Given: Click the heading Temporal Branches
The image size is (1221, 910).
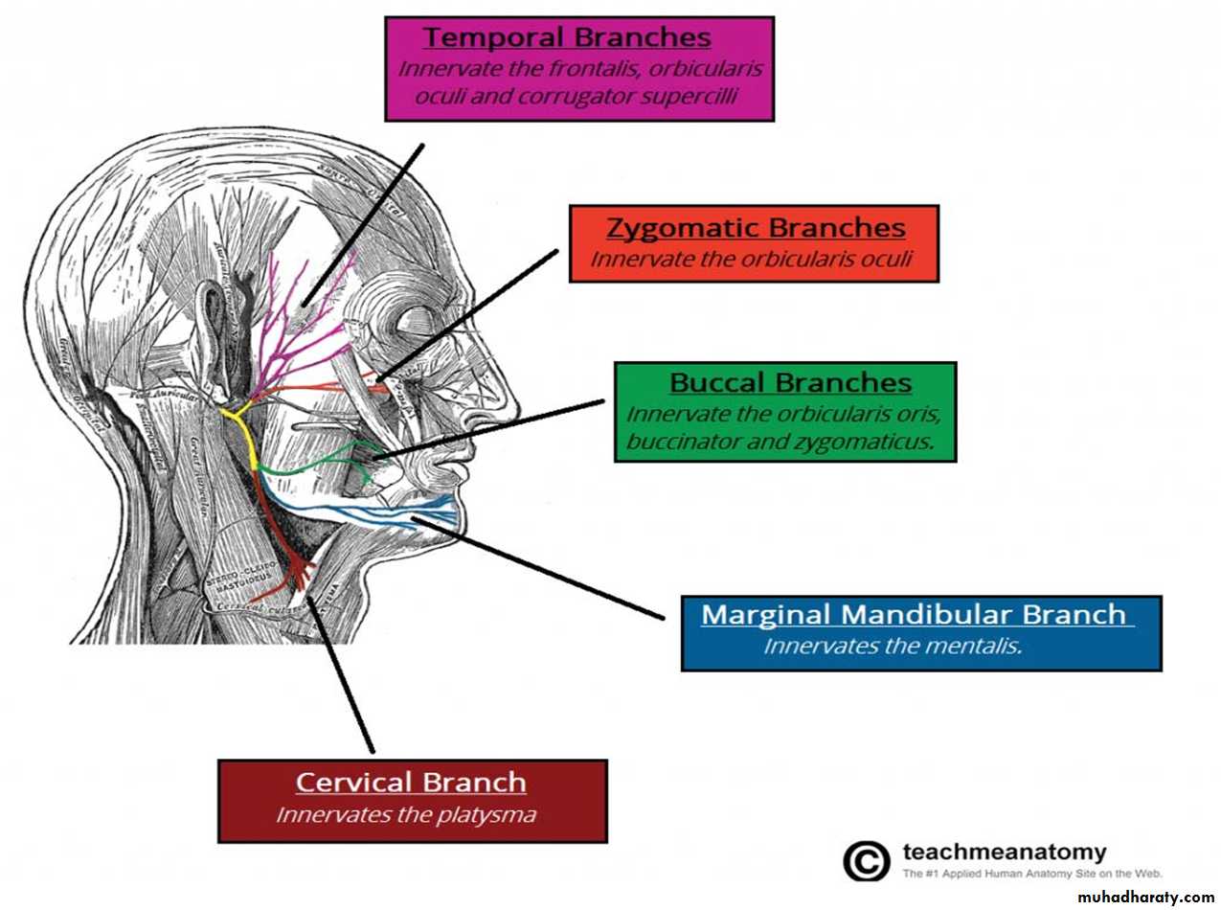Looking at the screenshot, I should [x=567, y=37].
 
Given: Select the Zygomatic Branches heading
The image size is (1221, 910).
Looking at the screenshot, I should [x=756, y=228].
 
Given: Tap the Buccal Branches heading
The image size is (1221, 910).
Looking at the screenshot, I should [x=790, y=383].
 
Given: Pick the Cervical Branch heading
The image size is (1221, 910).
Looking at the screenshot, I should [x=411, y=782].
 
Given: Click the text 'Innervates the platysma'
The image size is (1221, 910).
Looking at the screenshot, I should [x=405, y=815].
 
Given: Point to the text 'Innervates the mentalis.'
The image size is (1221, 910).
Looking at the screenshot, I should [x=893, y=646].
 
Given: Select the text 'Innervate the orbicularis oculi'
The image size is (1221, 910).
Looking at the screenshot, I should [x=750, y=259].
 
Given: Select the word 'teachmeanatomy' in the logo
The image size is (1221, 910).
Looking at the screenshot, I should [x=1004, y=852].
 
